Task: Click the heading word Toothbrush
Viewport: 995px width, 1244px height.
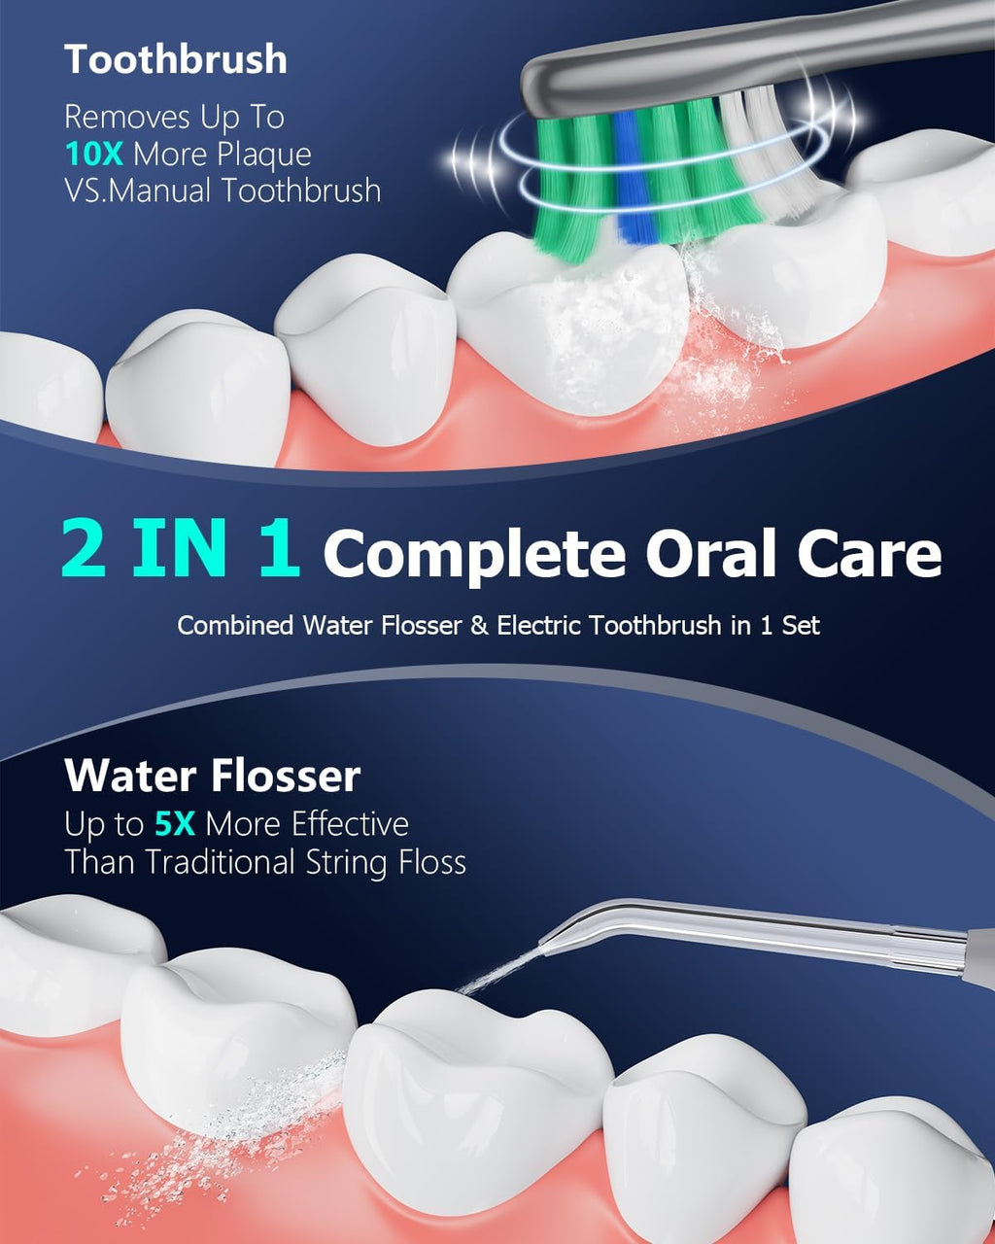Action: pos(176,59)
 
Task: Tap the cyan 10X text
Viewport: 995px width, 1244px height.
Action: pos(94,154)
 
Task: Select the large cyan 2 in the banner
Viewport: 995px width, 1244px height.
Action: pos(85,547)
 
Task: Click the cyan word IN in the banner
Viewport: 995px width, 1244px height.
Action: pos(179,547)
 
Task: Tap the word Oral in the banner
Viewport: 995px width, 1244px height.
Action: pos(711,551)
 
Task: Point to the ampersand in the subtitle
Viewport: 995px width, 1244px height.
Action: pos(479,626)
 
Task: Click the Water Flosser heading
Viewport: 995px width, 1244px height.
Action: pos(213,776)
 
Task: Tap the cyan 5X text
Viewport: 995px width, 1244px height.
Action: pos(175,824)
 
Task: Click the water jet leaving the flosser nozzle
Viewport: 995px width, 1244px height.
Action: pos(498,975)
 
